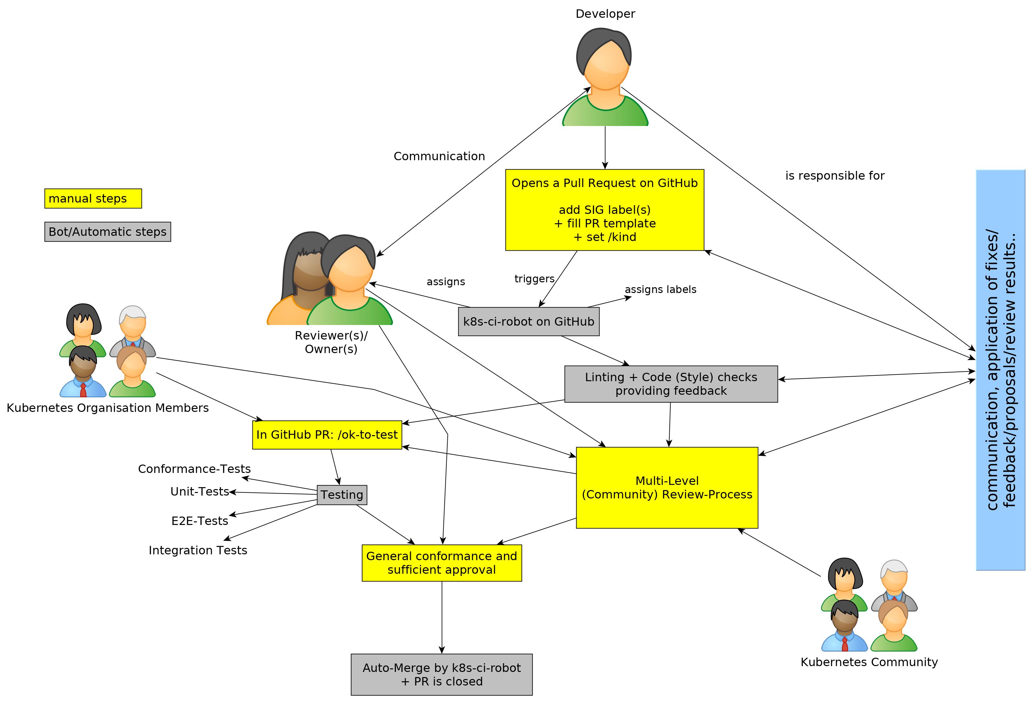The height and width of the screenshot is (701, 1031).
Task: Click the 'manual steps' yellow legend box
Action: click(x=93, y=198)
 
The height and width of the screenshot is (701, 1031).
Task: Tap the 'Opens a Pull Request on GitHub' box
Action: click(x=604, y=210)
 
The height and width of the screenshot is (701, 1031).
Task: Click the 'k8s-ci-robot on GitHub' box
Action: click(x=528, y=321)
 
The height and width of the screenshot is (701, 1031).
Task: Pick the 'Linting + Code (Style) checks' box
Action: click(x=671, y=384)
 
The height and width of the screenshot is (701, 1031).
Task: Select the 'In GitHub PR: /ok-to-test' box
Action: click(x=327, y=434)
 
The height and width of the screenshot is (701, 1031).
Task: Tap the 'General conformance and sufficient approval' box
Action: click(x=441, y=563)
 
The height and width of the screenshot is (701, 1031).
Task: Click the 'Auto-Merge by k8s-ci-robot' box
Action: click(x=441, y=675)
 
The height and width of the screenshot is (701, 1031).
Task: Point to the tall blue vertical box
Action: click(x=1000, y=370)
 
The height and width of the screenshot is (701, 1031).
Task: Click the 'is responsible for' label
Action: click(x=834, y=176)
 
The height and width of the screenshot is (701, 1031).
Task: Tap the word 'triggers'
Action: click(x=534, y=278)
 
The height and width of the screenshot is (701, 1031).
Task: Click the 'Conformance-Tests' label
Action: click(x=194, y=469)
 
